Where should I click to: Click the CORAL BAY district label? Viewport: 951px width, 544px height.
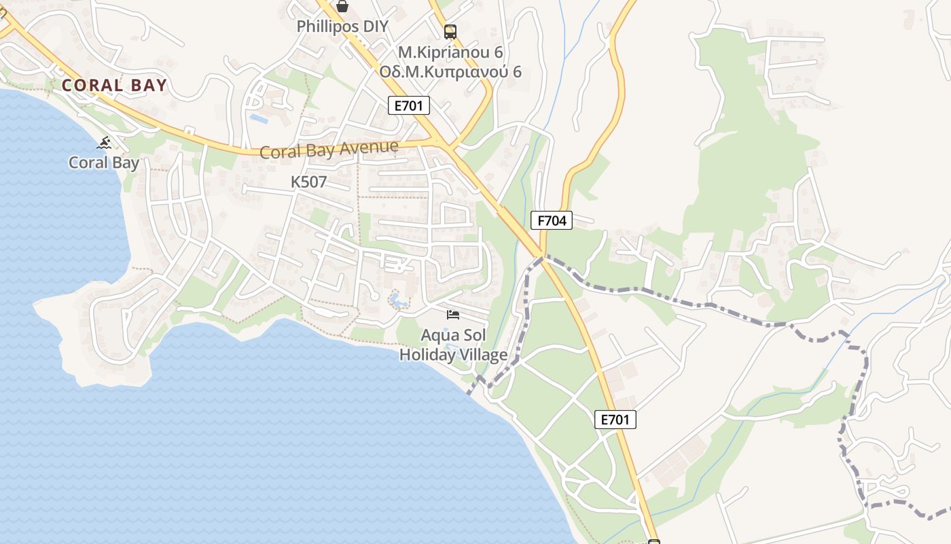(114, 85)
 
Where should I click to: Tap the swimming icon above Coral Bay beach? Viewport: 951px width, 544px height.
(104, 143)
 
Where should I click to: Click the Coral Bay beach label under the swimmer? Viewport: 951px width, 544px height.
(104, 163)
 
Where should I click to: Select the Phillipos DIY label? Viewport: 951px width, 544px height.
(342, 27)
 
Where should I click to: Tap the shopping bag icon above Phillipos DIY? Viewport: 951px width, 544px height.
(342, 6)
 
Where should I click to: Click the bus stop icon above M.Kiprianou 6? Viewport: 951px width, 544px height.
(450, 31)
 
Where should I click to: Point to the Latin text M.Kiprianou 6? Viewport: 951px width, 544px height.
(450, 52)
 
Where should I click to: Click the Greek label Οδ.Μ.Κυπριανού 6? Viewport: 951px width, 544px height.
(450, 71)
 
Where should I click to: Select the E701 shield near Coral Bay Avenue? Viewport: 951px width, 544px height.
(409, 105)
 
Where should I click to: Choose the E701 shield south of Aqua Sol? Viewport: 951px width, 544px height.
(615, 420)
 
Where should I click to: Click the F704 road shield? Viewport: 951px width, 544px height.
(551, 220)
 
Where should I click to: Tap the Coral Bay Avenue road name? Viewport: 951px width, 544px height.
(329, 149)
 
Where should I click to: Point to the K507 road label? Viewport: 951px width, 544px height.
(309, 182)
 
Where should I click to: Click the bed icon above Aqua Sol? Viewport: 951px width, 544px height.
(453, 314)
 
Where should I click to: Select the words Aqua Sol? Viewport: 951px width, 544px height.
(453, 335)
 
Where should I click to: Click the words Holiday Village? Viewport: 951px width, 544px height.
(453, 355)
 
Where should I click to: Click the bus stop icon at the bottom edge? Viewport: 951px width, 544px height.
(654, 542)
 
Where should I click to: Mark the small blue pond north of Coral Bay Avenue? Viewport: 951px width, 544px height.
(259, 118)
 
